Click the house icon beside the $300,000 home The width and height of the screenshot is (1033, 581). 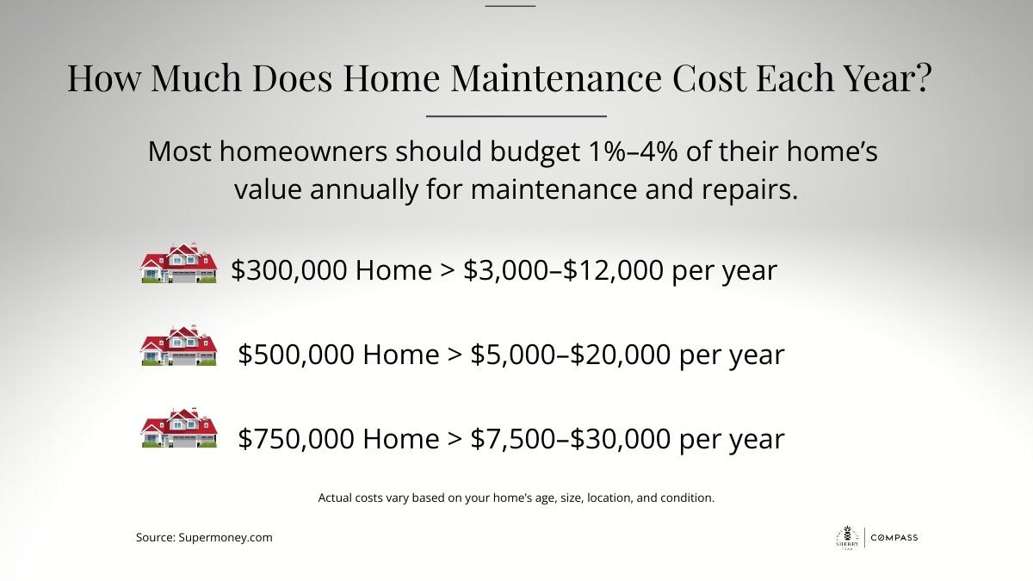click(x=179, y=263)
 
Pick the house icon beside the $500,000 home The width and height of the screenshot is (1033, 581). click(x=179, y=345)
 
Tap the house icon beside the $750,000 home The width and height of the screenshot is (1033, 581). click(x=179, y=428)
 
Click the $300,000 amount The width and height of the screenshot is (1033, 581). click(x=289, y=270)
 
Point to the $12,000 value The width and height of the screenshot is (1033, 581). click(x=613, y=270)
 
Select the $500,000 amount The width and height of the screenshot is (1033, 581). click(x=296, y=354)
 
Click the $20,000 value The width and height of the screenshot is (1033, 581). click(x=621, y=354)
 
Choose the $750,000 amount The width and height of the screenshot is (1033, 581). click(x=296, y=438)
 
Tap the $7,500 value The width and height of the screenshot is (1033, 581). click(x=513, y=438)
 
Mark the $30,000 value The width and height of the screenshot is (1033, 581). click(x=621, y=438)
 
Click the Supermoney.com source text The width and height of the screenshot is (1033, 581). click(x=226, y=538)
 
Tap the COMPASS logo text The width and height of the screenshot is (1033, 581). click(x=894, y=538)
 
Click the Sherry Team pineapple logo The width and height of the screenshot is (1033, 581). click(x=848, y=538)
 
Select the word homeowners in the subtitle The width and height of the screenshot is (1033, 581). click(x=303, y=151)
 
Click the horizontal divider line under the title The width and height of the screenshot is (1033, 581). click(x=516, y=116)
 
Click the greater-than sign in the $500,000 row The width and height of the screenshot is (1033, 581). click(x=455, y=354)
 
